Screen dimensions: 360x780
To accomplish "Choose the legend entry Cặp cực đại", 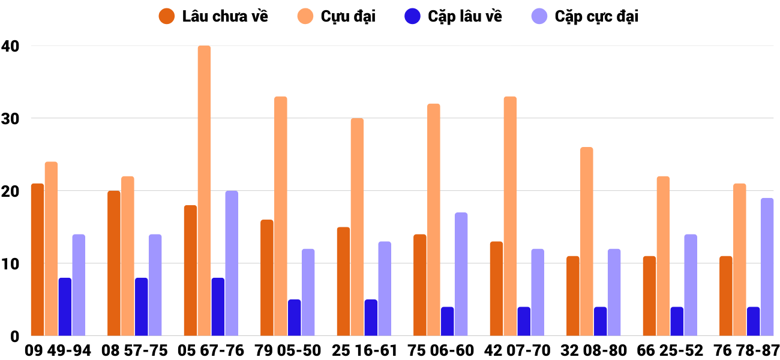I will (585, 16).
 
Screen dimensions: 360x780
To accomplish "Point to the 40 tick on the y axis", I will (10, 46).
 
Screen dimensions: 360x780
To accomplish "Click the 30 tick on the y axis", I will (10, 118).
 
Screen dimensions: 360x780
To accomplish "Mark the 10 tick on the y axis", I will (10, 264).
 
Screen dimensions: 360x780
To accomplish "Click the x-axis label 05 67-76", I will (211, 350).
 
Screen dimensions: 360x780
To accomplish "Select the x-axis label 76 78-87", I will (746, 350).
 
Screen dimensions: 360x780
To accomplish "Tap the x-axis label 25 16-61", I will (364, 350).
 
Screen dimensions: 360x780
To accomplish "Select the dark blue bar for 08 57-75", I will (141, 307).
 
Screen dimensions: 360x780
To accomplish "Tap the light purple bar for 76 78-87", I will (767, 267).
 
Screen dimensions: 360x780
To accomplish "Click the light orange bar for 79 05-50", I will (281, 216).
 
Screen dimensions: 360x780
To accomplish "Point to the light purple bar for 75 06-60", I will (461, 274).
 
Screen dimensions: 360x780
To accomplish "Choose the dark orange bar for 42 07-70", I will (496, 289).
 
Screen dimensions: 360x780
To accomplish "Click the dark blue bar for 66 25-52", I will (677, 322).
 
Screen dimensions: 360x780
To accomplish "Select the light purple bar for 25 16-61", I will (385, 289).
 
